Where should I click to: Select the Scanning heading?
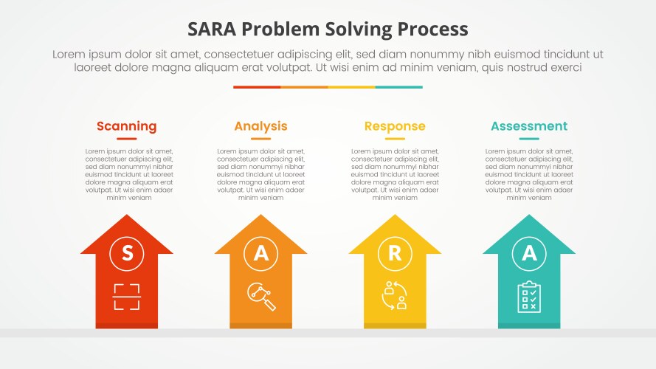[x=126, y=126]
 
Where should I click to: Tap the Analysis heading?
[x=260, y=126]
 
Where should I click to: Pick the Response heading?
[x=395, y=126]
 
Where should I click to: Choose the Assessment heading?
[x=529, y=126]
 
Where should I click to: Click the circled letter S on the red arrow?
[x=127, y=253]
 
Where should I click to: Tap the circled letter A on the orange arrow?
[x=261, y=253]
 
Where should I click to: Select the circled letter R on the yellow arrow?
[x=395, y=253]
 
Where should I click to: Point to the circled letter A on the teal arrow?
[x=529, y=253]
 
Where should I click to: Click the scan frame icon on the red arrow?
[x=127, y=296]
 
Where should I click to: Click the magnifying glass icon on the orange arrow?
[x=261, y=296]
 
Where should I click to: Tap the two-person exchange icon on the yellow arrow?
[x=395, y=296]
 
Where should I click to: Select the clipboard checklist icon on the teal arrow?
[x=529, y=296]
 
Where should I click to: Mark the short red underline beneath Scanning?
[x=126, y=139]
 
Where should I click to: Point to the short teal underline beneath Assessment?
[x=529, y=139]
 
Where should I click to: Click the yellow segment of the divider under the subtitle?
[x=351, y=87]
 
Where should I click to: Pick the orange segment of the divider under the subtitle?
[x=304, y=87]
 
